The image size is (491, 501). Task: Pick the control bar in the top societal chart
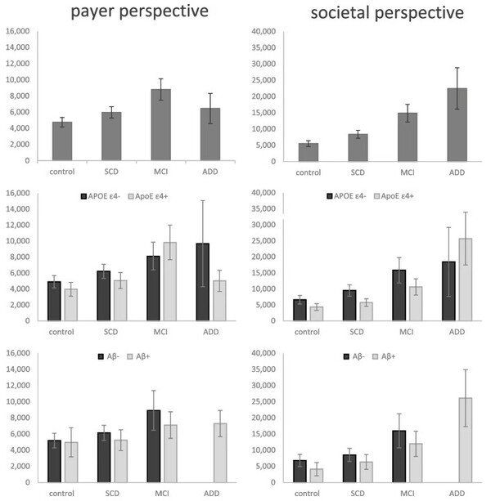coord(309,152)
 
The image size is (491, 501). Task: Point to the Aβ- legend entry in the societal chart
coord(350,356)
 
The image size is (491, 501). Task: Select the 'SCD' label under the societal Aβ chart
coord(357,494)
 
